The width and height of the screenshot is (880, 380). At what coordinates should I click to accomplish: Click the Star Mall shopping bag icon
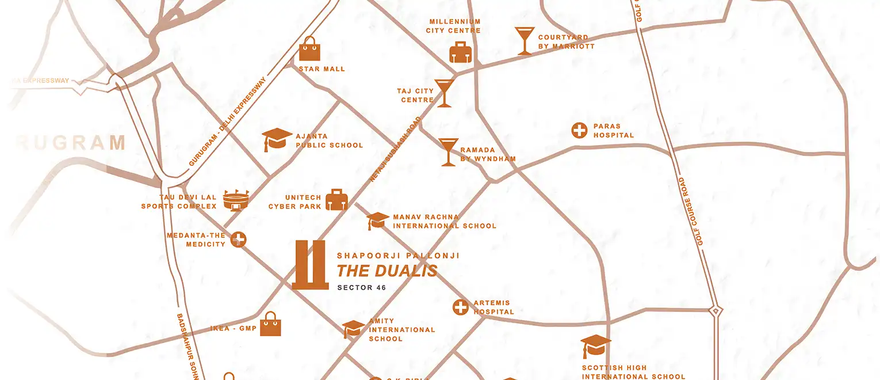pos(309,50)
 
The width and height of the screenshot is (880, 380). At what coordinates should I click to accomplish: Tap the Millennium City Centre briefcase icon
pos(460,52)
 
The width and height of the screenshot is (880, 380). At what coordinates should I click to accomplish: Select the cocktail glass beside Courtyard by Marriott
pos(525,41)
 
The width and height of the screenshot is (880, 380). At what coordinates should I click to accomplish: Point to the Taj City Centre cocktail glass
pos(444,93)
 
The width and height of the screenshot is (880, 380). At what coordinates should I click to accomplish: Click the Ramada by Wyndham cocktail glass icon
pos(448,152)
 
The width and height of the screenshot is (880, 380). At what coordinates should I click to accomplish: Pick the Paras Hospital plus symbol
pos(579,131)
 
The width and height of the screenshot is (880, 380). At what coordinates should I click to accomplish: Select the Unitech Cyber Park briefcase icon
pos(336,200)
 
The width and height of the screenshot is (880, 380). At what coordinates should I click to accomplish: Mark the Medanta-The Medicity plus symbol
pos(239,240)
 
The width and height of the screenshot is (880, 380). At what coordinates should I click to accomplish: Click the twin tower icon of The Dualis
pos(310,264)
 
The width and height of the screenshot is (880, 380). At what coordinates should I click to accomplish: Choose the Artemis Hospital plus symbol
pos(460,307)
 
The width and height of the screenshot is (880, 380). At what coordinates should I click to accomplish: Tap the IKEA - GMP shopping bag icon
pos(270,325)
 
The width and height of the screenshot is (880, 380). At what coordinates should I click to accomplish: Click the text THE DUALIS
pos(387,271)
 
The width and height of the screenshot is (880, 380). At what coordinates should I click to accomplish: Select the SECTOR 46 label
pos(362,287)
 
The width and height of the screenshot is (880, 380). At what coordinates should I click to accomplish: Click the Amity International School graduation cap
pos(353,329)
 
